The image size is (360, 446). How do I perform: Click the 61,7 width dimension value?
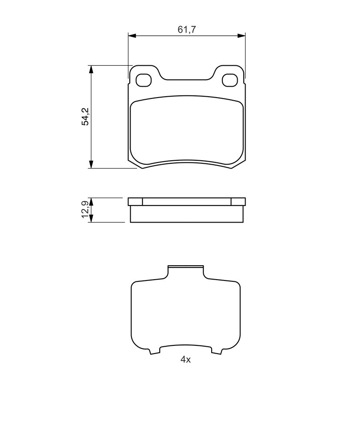[187, 30]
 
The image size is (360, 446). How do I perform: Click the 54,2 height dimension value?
[85, 117]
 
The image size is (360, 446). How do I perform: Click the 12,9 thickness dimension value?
[85, 209]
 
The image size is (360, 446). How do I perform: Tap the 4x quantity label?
[185, 359]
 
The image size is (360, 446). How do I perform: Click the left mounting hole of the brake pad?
[143, 80]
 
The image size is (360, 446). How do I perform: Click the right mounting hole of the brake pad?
[230, 80]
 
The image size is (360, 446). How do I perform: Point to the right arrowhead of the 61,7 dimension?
[241, 35]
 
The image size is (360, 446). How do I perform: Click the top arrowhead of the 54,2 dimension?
[91, 70]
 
